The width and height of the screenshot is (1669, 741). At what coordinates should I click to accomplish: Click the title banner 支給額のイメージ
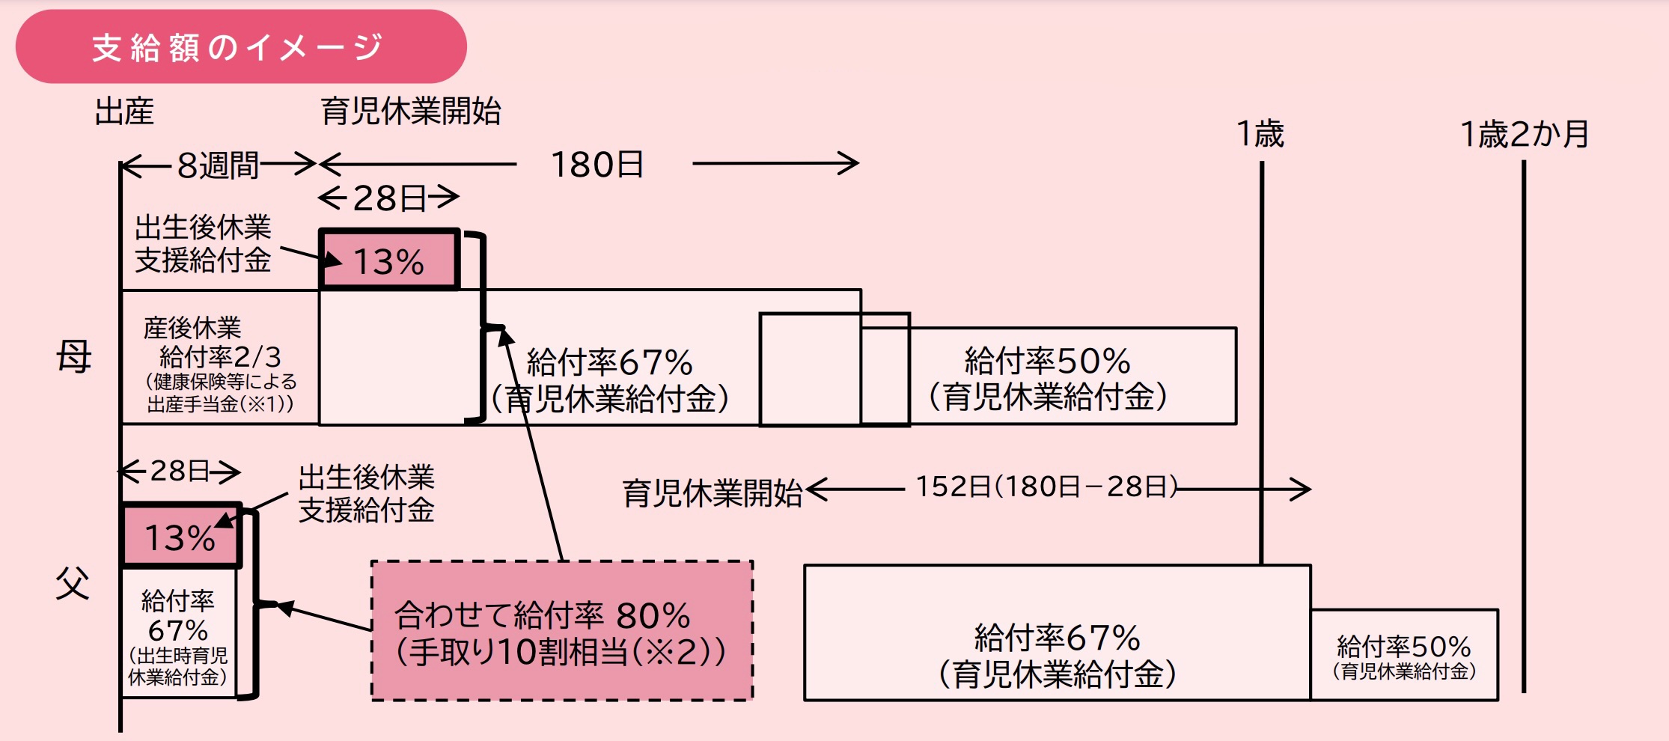click(x=241, y=46)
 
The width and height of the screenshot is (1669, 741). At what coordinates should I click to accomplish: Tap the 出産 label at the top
click(x=124, y=112)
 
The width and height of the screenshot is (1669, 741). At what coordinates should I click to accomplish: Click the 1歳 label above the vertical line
click(x=1260, y=135)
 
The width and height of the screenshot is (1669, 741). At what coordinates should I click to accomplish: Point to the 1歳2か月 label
click(x=1525, y=135)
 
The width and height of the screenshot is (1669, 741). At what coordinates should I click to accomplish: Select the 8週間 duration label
click(x=218, y=165)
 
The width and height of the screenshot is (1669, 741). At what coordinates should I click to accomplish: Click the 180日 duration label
click(x=597, y=165)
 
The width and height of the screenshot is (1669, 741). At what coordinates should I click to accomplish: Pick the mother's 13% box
click(x=389, y=260)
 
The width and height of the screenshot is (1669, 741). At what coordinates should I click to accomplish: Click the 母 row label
click(x=74, y=356)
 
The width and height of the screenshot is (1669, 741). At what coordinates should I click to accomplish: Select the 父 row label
click(x=73, y=583)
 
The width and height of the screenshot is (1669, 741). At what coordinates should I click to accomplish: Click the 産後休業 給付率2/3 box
click(x=220, y=357)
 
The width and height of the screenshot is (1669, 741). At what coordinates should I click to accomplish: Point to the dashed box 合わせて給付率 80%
click(x=562, y=630)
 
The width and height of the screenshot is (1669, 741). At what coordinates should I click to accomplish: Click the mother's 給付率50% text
click(x=1048, y=379)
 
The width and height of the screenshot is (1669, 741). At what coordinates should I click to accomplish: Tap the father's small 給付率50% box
click(x=1404, y=655)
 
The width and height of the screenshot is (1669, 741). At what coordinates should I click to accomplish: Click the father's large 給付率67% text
click(x=1058, y=656)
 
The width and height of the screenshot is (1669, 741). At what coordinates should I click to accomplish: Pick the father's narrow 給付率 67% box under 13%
click(x=179, y=633)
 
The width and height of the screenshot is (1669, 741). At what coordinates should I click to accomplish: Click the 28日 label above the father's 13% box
click(x=180, y=471)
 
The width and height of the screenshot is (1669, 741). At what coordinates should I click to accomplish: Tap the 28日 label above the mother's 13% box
click(x=389, y=198)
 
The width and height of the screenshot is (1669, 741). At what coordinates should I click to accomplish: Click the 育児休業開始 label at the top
click(x=411, y=112)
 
